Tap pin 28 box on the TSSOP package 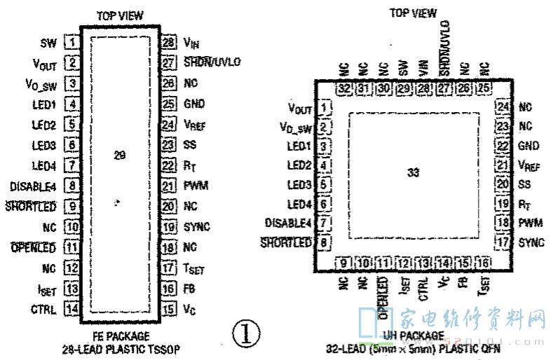(x=168, y=42)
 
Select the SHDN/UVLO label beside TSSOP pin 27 (x=212, y=62)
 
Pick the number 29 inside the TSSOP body (x=119, y=154)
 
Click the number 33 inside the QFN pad (x=414, y=172)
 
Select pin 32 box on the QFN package (x=343, y=89)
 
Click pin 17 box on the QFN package (x=501, y=242)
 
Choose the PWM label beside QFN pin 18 (x=529, y=223)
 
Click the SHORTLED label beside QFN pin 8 (x=285, y=243)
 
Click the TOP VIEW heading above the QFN (x=413, y=13)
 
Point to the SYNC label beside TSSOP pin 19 (x=197, y=227)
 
